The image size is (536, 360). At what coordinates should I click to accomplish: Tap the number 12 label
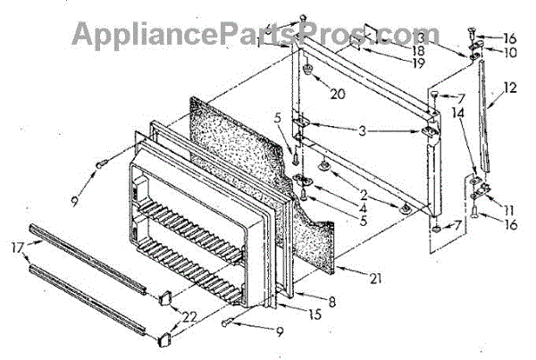click(510, 88)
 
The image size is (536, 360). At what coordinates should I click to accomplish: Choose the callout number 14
click(458, 115)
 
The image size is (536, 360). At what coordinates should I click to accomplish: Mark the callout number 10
click(509, 52)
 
